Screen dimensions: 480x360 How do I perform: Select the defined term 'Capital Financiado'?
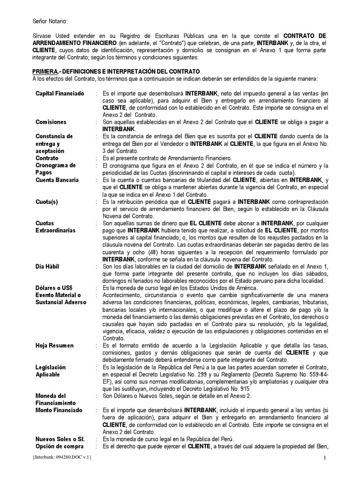(60, 94)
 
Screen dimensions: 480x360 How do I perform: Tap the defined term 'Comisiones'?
(51, 122)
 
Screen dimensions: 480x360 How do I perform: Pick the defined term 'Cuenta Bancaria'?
(57, 180)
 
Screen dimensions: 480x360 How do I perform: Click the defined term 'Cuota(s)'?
(47, 202)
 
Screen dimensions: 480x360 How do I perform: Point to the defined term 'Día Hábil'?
(48, 266)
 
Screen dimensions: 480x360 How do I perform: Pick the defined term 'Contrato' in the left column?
(47, 158)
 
